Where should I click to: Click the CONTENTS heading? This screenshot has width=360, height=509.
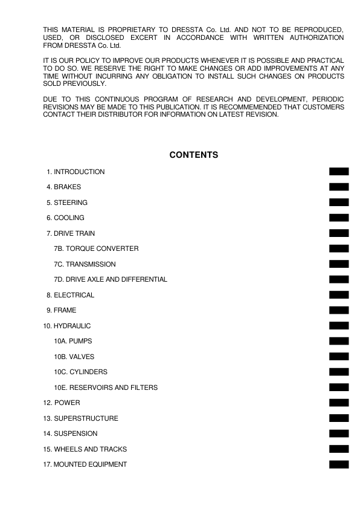[193, 155]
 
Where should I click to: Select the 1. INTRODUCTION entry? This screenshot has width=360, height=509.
[75, 172]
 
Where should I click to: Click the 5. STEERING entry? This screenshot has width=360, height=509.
[66, 203]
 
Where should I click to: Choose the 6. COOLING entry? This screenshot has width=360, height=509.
[65, 218]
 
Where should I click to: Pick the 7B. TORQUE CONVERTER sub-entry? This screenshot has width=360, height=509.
[96, 249]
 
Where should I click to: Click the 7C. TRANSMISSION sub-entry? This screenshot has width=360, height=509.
[85, 264]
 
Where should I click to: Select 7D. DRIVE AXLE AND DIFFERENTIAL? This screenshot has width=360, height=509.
[111, 280]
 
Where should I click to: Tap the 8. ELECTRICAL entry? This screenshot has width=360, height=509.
[70, 296]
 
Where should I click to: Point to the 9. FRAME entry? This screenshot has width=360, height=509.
[61, 311]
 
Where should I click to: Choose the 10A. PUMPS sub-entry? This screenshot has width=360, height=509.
[73, 342]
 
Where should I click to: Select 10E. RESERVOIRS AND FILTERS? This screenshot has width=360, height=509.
[106, 387]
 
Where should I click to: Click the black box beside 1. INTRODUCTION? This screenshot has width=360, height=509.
[339, 172]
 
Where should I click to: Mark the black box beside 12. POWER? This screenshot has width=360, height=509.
[339, 403]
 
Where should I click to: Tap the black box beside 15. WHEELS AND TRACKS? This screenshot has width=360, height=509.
[339, 449]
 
